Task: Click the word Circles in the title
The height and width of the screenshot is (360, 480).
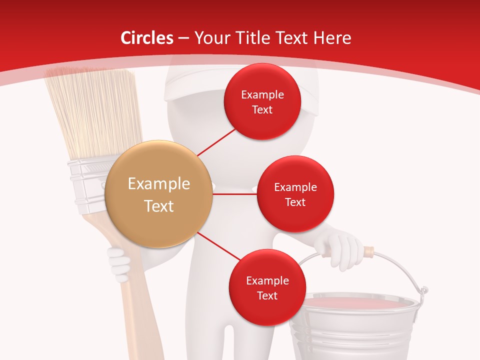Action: click(146, 38)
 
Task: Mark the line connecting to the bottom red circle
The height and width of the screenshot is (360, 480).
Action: click(218, 246)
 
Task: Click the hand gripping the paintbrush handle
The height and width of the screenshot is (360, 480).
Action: click(119, 263)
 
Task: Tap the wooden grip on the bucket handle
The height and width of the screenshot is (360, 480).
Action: click(368, 250)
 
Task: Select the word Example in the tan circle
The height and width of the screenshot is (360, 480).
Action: click(159, 184)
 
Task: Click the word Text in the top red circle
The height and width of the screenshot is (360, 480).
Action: click(262, 109)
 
